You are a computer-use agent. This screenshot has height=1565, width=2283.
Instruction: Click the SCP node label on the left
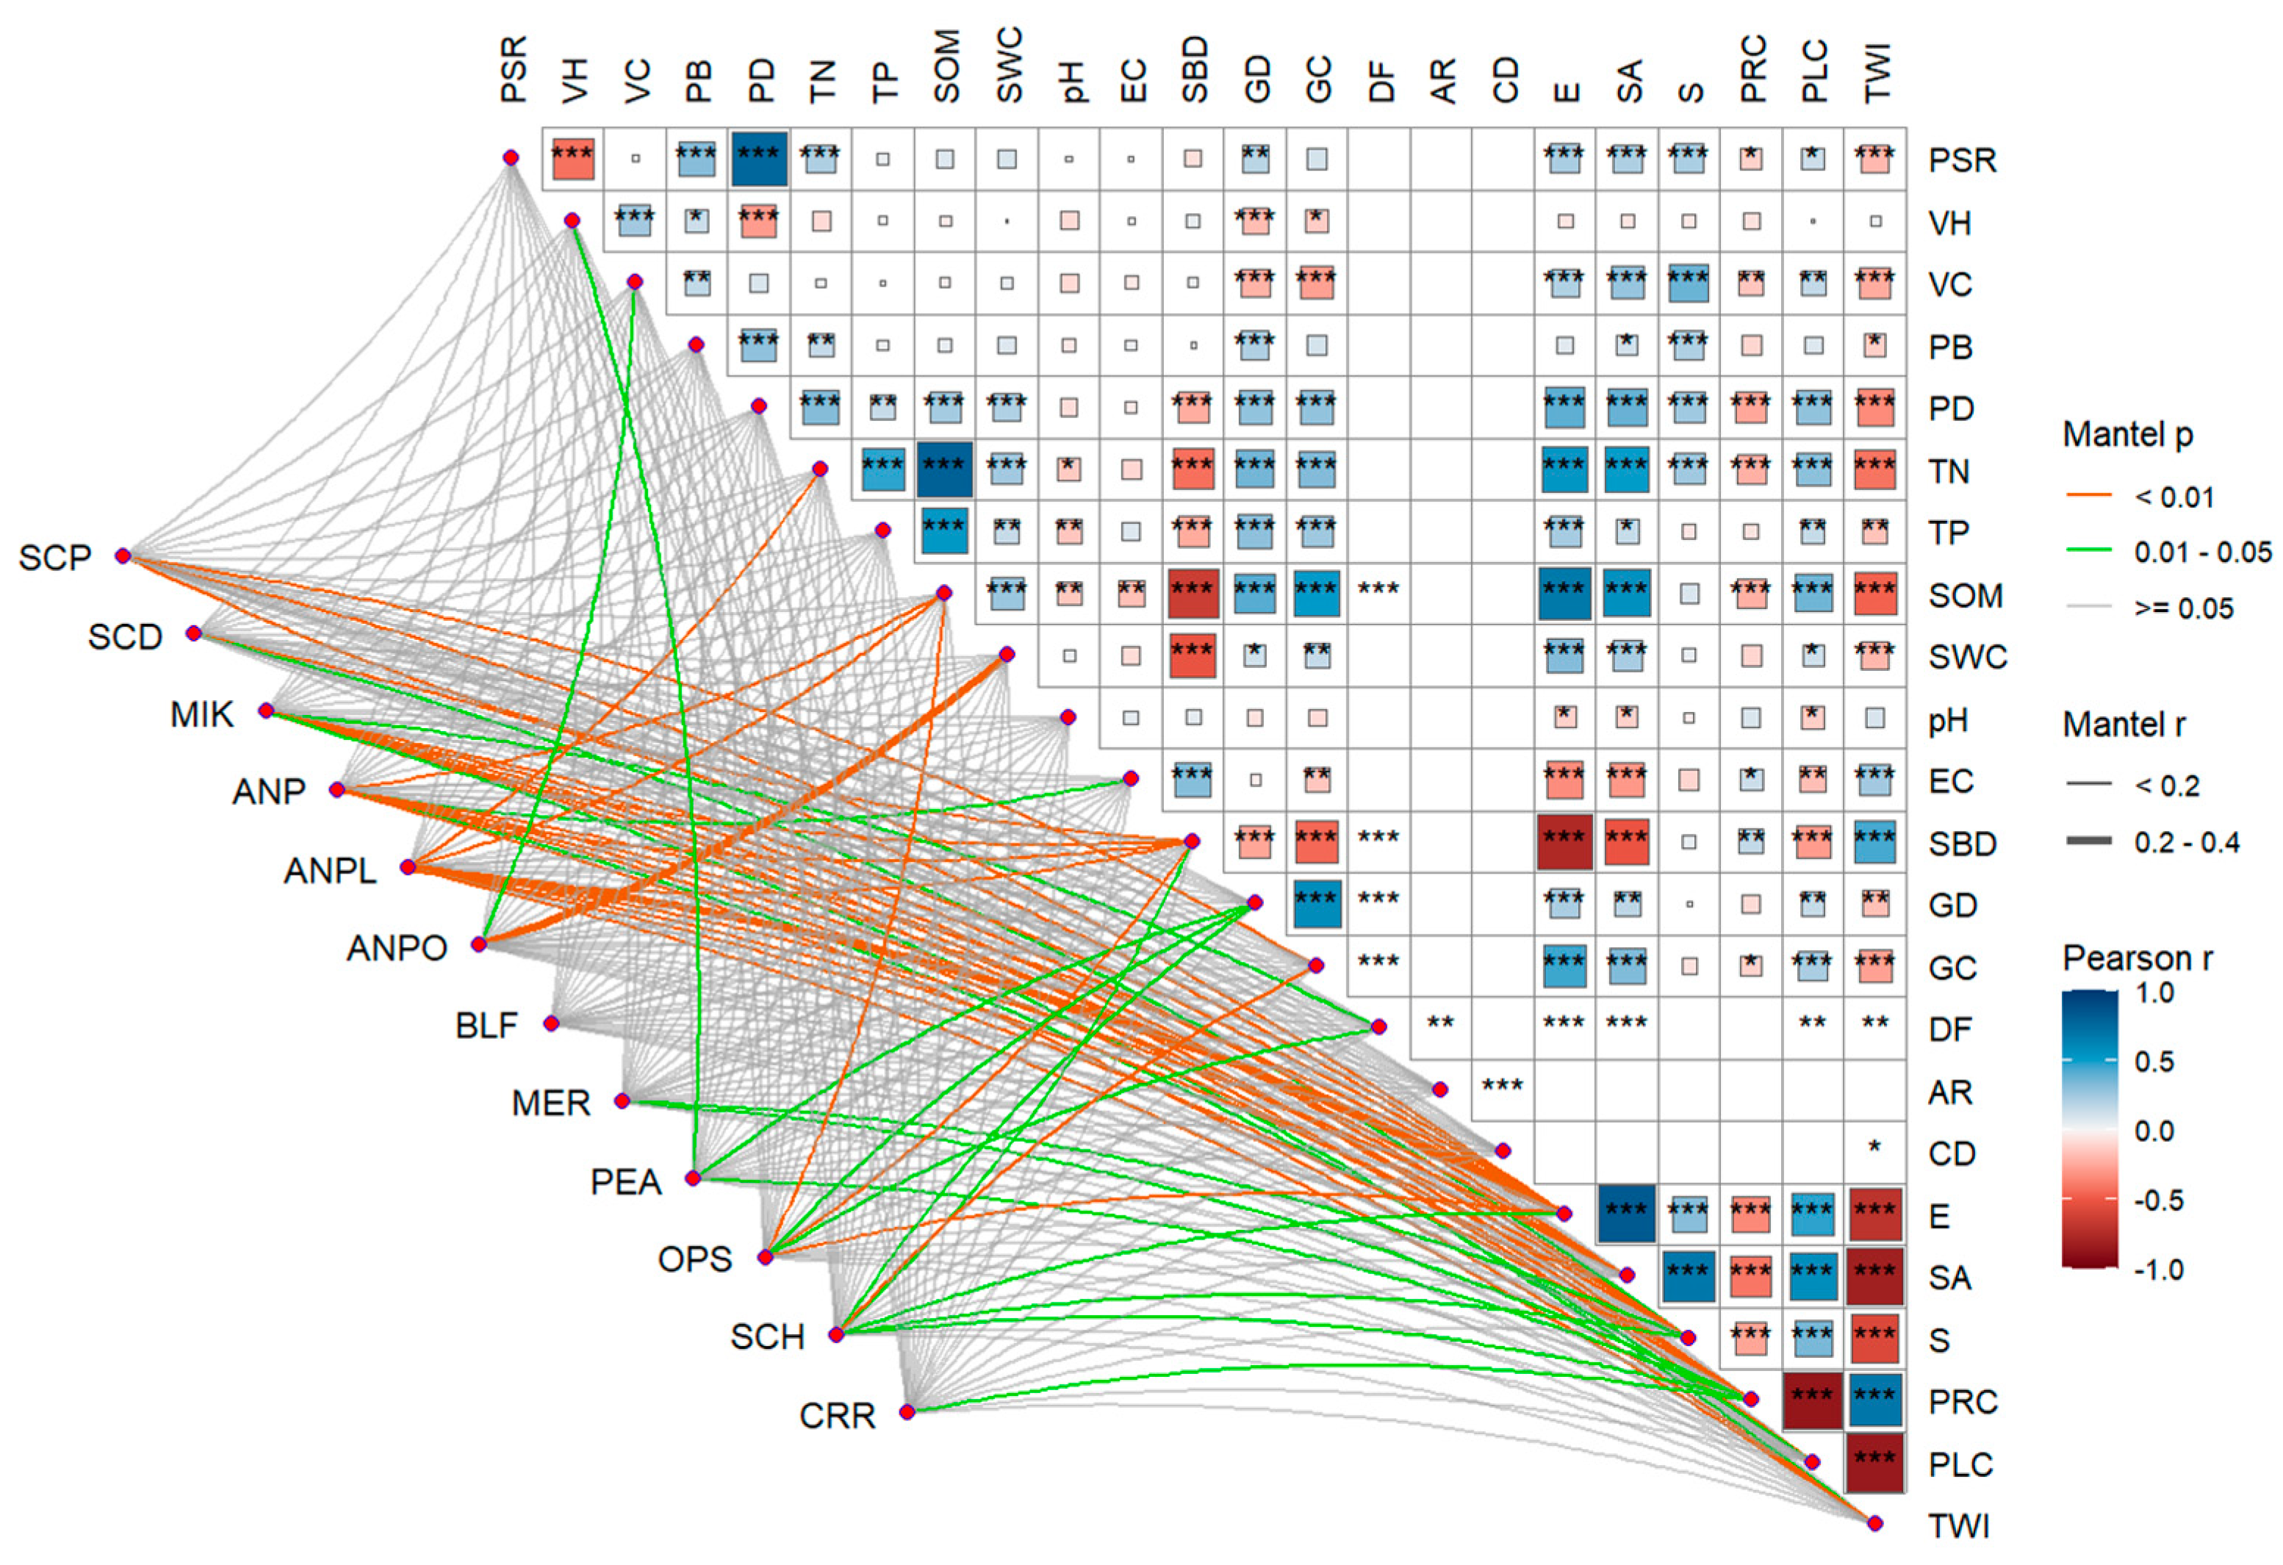click(55, 558)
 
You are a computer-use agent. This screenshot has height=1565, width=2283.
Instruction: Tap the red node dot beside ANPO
click(478, 944)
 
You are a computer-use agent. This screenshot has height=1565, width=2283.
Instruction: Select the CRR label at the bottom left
click(837, 1416)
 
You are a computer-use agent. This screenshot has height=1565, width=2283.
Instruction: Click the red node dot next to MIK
click(266, 710)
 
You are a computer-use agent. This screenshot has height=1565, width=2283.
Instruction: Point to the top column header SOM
click(946, 67)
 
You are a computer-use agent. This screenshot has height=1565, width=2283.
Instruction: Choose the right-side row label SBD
click(1963, 844)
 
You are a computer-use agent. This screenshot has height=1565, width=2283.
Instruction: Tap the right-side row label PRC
click(1963, 1402)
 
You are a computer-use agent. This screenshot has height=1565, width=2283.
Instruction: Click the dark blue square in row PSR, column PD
click(758, 158)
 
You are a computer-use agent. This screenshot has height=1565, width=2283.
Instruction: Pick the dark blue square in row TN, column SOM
click(945, 469)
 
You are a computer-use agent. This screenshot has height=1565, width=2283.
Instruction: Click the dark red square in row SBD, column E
click(1564, 842)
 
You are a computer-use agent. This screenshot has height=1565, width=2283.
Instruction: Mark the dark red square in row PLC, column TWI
click(1874, 1463)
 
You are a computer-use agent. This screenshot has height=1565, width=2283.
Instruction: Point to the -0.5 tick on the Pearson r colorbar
click(2154, 1201)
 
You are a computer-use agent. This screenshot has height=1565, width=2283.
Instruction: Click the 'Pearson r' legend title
click(2137, 958)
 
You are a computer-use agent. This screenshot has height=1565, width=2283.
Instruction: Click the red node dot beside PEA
click(694, 1178)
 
